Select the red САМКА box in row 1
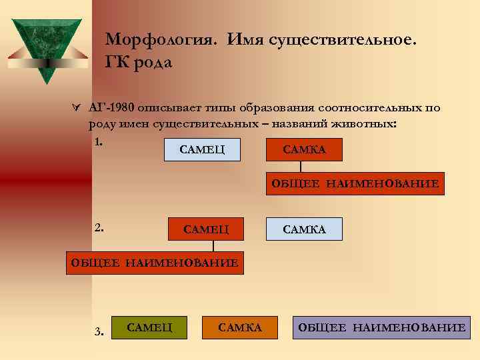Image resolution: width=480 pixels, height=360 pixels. pos(304,150)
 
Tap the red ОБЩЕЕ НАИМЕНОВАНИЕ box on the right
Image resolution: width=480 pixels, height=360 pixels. pos(355,183)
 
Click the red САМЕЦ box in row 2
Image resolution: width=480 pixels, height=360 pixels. pos(206,229)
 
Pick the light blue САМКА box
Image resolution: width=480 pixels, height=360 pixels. pos(304,229)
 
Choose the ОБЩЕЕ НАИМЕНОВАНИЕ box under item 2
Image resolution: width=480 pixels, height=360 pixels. pos(155,262)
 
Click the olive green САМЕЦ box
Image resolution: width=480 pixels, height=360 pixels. pos(149,327)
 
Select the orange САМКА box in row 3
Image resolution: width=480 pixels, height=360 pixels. pos(240,327)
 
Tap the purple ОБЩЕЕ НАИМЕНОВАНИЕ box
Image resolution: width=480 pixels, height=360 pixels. pos(381,327)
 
